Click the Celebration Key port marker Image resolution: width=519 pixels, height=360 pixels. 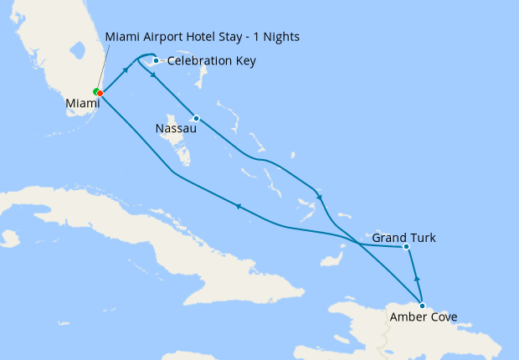pyautogui.click(x=156, y=60)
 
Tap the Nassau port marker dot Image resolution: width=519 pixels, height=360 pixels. pyautogui.click(x=196, y=118)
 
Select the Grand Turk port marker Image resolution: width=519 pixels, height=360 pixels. pyautogui.click(x=405, y=247)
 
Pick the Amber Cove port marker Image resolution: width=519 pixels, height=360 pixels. pyautogui.click(x=422, y=306)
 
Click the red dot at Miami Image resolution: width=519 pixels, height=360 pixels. pyautogui.click(x=100, y=93)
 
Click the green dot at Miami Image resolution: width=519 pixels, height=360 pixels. pyautogui.click(x=96, y=90)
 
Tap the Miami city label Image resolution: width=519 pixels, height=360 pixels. pyautogui.click(x=83, y=105)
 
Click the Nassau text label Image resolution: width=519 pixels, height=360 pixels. pyautogui.click(x=176, y=129)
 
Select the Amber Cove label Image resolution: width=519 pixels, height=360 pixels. pyautogui.click(x=424, y=316)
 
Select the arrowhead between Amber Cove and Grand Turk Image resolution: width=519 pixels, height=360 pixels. pyautogui.click(x=416, y=279)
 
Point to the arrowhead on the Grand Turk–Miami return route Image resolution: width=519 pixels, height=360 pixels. pyautogui.click(x=239, y=207)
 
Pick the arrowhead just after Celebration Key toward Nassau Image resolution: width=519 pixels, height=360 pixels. pyautogui.click(x=152, y=76)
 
